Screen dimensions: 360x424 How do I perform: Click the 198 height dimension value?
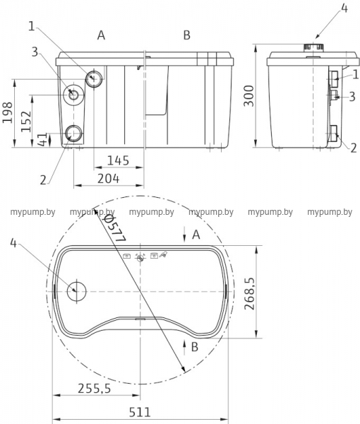[x=7, y=112]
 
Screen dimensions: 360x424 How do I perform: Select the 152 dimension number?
[x=26, y=122]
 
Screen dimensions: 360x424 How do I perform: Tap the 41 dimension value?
[x=42, y=139]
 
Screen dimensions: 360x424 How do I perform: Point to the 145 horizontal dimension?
[x=118, y=160]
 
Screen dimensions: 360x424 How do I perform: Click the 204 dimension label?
[x=108, y=179]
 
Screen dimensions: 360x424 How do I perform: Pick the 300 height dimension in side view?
[x=248, y=96]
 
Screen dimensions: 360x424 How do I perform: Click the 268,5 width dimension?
[x=249, y=293]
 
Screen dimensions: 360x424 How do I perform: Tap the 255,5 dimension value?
[x=95, y=389]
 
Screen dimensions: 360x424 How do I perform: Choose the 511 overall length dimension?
[x=140, y=413]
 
